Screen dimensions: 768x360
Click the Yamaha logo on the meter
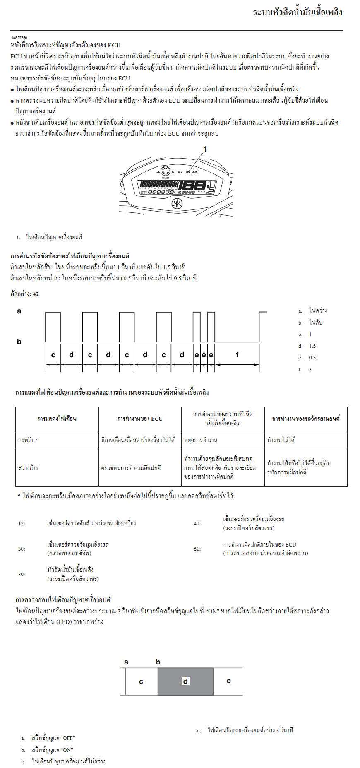[177, 204]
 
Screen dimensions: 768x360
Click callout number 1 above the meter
[205, 149]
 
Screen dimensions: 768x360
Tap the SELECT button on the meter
[165, 171]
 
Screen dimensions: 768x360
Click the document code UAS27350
[19, 38]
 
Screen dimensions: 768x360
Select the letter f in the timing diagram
[237, 355]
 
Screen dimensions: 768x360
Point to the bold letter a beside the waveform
[19, 311]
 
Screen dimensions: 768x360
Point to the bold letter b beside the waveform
[19, 342]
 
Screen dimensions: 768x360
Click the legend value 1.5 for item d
[312, 346]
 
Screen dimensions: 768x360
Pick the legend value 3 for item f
[310, 370]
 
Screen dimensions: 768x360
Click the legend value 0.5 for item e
[312, 358]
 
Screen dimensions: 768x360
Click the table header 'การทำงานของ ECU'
[140, 419]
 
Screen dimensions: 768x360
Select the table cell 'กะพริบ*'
[28, 440]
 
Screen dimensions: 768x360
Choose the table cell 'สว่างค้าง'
[28, 468]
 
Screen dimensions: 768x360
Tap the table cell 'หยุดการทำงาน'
[201, 440]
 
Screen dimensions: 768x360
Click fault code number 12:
[22, 524]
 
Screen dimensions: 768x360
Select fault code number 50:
[197, 549]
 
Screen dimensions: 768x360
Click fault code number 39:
[22, 575]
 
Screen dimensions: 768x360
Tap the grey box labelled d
[185, 681]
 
